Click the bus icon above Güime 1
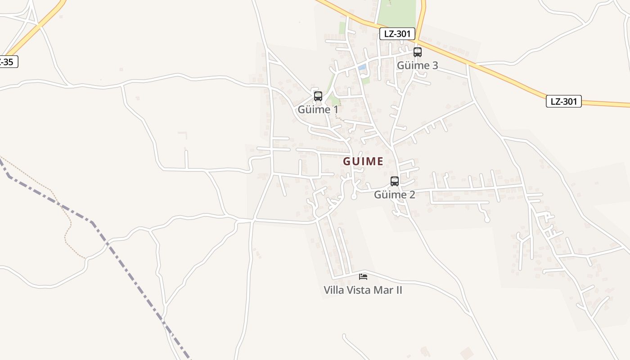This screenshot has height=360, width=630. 318,96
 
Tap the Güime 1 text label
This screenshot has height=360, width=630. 318,109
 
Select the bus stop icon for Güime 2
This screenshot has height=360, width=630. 395,181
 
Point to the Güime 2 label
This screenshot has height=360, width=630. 395,195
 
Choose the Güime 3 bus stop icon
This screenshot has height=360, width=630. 418,52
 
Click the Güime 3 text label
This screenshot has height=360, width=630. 417,66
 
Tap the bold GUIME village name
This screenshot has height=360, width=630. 363,161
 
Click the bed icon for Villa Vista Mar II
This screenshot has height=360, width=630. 363,276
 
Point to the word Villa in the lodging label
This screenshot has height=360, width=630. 334,290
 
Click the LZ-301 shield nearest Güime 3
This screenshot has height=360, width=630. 397,34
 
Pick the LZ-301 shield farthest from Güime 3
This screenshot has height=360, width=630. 564,101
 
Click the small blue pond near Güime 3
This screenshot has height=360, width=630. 362,67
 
